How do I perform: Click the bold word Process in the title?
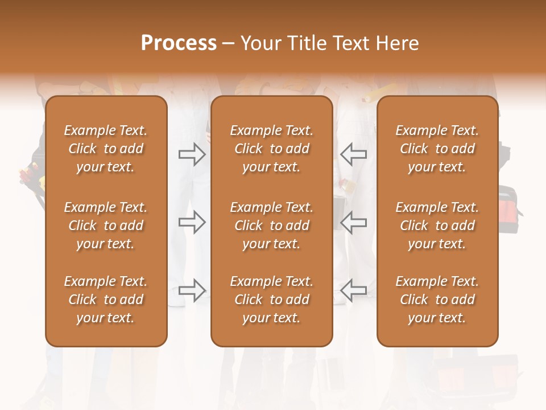(x=179, y=43)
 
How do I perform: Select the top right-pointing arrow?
(x=192, y=154)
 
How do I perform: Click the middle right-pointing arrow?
(x=192, y=222)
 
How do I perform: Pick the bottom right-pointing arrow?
(x=192, y=290)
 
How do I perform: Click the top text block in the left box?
(x=106, y=149)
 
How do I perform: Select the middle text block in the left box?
(x=106, y=225)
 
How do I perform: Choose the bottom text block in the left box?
(x=106, y=300)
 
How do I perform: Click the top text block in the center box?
(x=271, y=149)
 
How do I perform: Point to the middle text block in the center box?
(x=271, y=225)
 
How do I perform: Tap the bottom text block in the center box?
(x=271, y=300)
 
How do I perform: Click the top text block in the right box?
(x=437, y=149)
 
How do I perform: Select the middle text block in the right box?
(x=437, y=225)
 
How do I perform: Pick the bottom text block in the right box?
(x=437, y=300)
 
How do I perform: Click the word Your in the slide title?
(x=259, y=43)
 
